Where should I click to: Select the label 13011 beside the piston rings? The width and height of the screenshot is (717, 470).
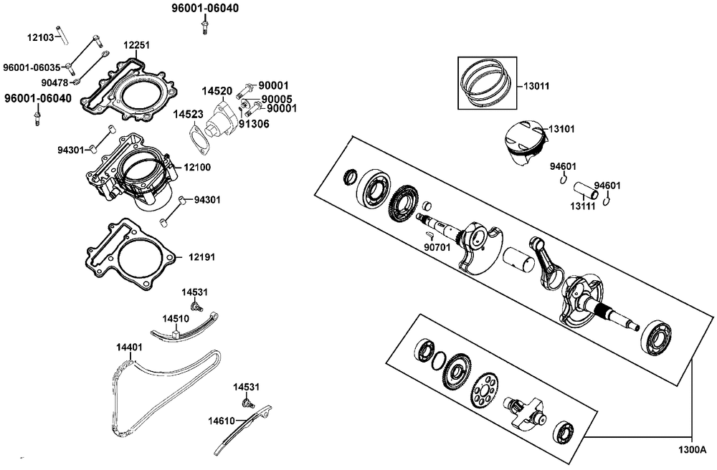536,87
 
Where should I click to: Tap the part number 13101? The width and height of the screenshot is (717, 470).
563,129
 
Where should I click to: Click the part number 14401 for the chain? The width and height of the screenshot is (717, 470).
129,347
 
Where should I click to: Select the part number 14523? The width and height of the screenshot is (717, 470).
186,114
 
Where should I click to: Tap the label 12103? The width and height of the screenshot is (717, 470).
41,36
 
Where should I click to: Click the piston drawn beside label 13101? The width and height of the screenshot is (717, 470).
523,143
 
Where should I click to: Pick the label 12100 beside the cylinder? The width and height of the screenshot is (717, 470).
198,166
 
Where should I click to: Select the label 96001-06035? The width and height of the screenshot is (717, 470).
33,67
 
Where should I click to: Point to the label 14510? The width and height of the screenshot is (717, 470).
176,318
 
